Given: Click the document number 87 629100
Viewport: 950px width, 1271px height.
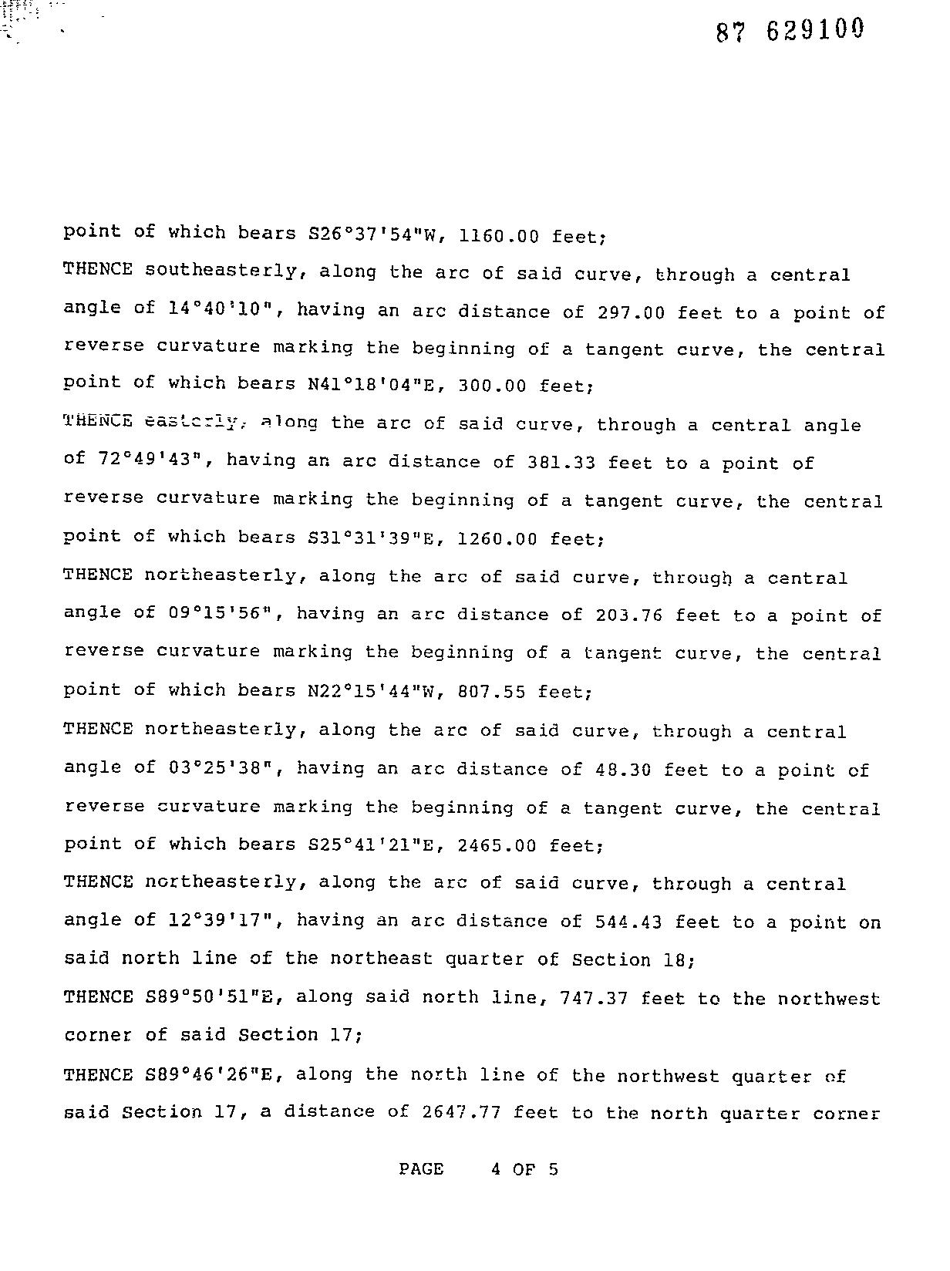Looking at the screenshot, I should click(790, 31).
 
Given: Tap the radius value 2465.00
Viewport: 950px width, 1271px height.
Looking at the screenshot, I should click(497, 845).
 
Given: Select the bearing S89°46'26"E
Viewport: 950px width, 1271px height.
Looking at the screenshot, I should click(210, 1074).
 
